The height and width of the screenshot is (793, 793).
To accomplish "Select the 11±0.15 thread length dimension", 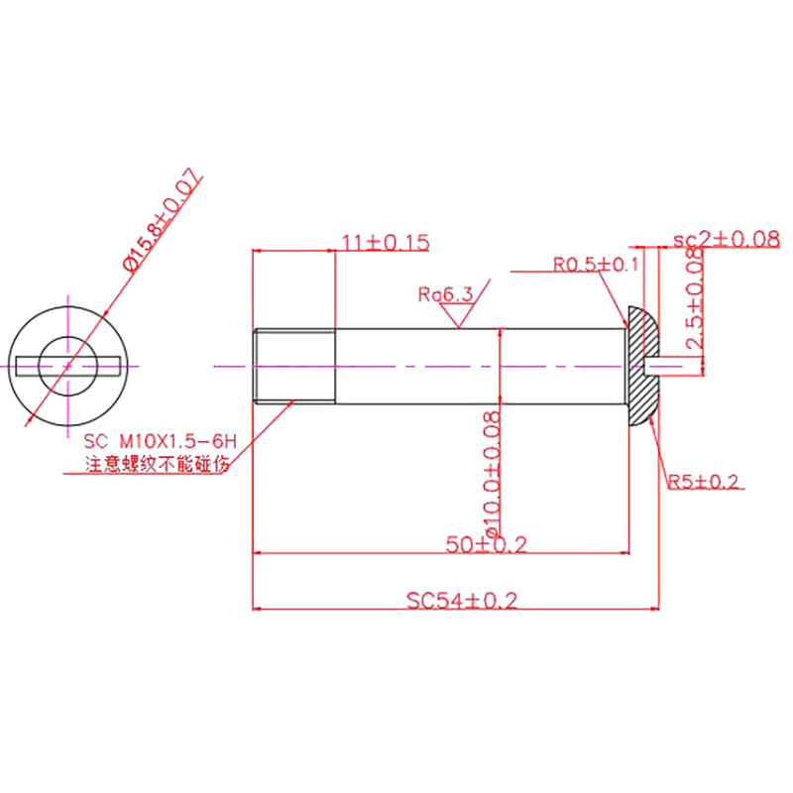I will click(x=385, y=241).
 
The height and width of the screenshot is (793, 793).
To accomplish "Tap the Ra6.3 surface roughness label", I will click(x=445, y=294).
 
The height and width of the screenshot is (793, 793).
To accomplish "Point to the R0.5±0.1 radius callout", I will click(x=596, y=265).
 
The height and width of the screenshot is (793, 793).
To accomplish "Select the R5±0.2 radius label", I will click(x=703, y=482).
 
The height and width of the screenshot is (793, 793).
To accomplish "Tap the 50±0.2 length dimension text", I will click(x=486, y=544).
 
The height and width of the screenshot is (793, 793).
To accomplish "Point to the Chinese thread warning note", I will click(x=157, y=463).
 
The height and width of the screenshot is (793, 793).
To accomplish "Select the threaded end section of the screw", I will click(x=294, y=365).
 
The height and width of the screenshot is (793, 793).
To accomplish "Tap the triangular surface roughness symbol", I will click(x=457, y=315).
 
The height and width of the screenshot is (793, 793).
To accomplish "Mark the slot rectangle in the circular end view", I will click(x=24, y=365).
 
